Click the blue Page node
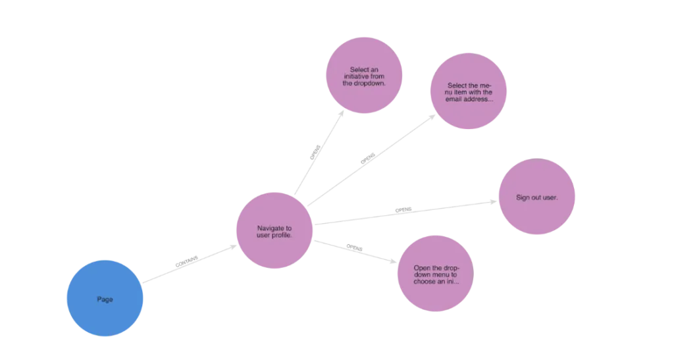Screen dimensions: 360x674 [x=105, y=298]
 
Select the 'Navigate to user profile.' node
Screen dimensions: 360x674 [x=274, y=230]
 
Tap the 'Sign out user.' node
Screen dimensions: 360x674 [x=536, y=197]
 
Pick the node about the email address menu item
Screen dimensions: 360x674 [x=469, y=92]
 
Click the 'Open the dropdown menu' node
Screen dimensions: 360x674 [x=436, y=274]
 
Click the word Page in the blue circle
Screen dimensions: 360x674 [x=105, y=299]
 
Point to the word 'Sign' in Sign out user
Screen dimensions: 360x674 [x=523, y=197]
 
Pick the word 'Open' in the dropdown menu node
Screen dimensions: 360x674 [x=422, y=268]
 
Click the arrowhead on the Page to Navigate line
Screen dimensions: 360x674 [x=185, y=263]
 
